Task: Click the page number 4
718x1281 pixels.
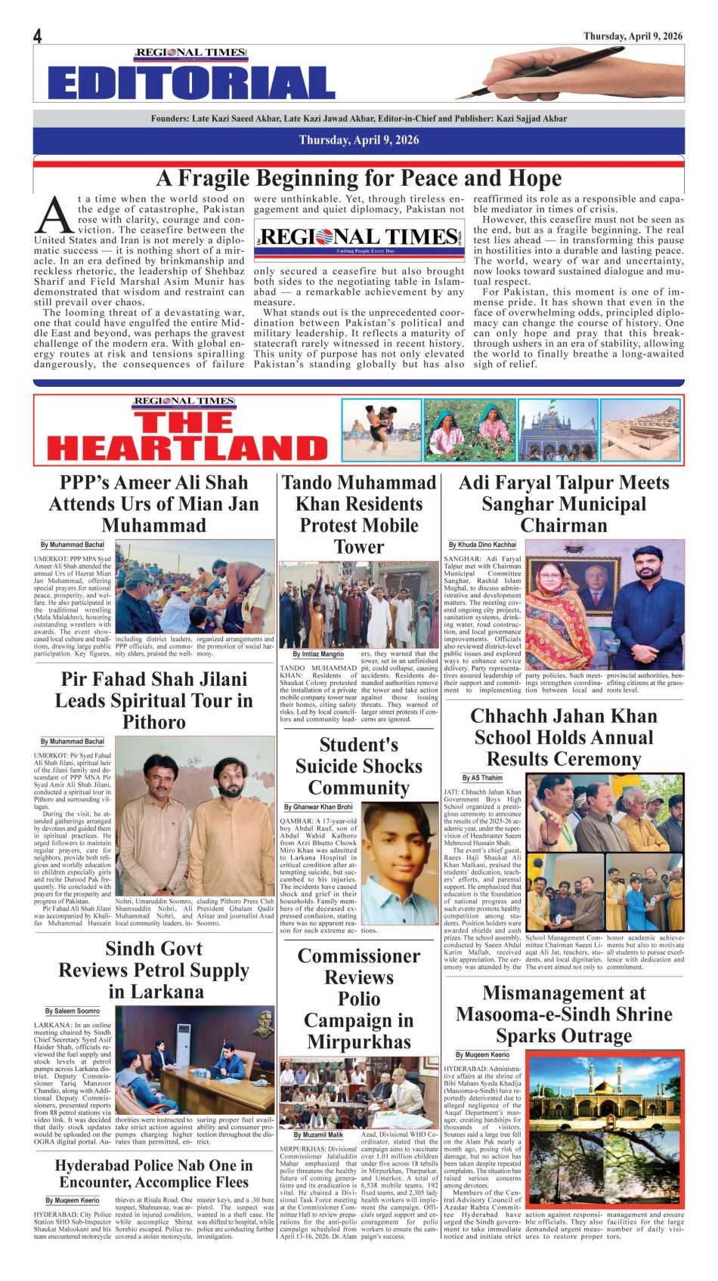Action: click(x=38, y=36)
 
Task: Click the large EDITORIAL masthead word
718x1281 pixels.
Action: click(x=191, y=83)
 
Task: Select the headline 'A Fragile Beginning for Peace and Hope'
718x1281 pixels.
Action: click(x=359, y=178)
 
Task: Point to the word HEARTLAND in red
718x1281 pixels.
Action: click(x=187, y=449)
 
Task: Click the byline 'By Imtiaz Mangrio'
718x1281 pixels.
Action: click(x=317, y=654)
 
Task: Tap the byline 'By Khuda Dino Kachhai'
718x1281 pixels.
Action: click(x=482, y=545)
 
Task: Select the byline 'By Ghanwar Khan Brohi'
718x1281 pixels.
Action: click(x=318, y=807)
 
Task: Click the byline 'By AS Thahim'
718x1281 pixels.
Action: click(x=482, y=778)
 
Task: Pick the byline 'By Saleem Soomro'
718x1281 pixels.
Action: click(x=72, y=1011)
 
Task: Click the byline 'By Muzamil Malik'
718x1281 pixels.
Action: click(x=317, y=1135)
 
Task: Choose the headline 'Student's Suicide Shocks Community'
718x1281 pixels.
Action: click(x=358, y=766)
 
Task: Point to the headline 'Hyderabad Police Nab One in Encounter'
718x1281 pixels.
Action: click(x=154, y=1174)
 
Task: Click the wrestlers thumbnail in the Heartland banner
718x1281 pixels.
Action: click(x=380, y=430)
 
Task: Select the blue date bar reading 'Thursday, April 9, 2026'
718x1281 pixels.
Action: click(x=358, y=140)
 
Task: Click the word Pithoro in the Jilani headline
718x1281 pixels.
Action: click(x=154, y=722)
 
